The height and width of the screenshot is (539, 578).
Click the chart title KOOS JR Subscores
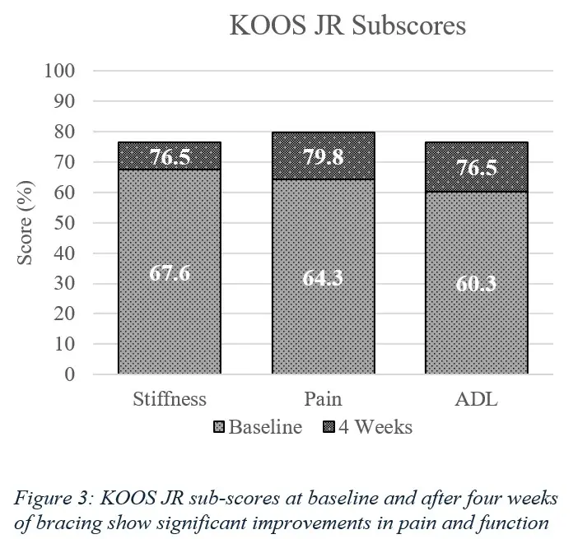[x=347, y=26]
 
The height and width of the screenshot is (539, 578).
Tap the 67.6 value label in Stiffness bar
[x=170, y=273]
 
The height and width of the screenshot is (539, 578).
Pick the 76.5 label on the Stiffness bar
[x=170, y=157]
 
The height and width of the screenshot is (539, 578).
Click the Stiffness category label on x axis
[x=169, y=400]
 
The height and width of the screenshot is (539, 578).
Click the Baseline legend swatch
[x=219, y=428]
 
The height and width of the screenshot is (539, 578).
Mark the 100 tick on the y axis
[x=63, y=71]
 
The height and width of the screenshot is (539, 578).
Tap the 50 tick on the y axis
[x=67, y=223]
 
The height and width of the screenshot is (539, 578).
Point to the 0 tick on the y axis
[x=71, y=374]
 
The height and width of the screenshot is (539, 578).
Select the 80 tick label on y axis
[x=67, y=132]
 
